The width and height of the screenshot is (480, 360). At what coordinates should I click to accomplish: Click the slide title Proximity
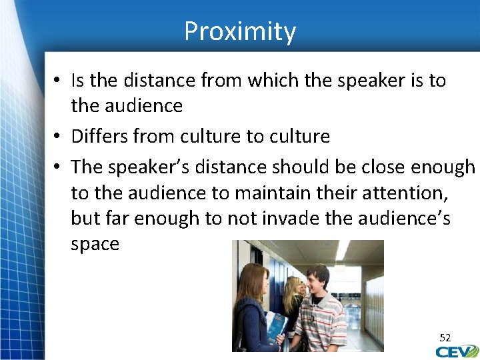[240, 31]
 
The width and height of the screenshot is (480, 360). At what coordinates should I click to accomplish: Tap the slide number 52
[445, 338]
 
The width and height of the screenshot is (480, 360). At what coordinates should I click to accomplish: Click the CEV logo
[457, 351]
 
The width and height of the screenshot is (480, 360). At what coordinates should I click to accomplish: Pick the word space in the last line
[95, 245]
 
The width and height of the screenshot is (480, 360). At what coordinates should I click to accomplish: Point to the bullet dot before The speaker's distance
[59, 167]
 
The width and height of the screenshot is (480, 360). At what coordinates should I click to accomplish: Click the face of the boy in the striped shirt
[318, 280]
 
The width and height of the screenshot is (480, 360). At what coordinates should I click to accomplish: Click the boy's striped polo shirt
[323, 323]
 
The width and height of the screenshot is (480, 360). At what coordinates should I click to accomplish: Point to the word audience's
[410, 219]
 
